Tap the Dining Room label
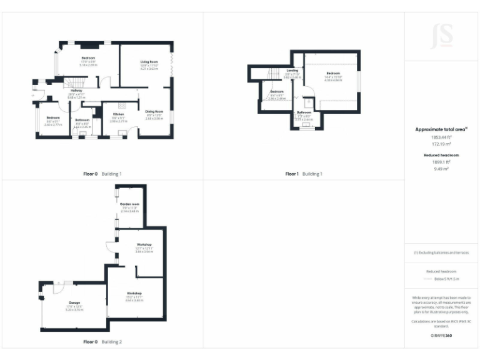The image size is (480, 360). click(x=154, y=111)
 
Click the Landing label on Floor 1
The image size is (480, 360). click(x=292, y=71)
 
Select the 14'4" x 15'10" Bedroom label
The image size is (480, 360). click(x=332, y=74)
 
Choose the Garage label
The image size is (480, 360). click(x=74, y=302)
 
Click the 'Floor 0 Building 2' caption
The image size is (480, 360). click(x=102, y=342)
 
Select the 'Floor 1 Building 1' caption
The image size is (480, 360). click(x=303, y=173)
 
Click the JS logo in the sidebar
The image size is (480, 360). click(x=441, y=36)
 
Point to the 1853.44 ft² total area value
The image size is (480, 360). click(x=441, y=137)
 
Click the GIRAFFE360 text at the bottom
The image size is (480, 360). click(x=441, y=336)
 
